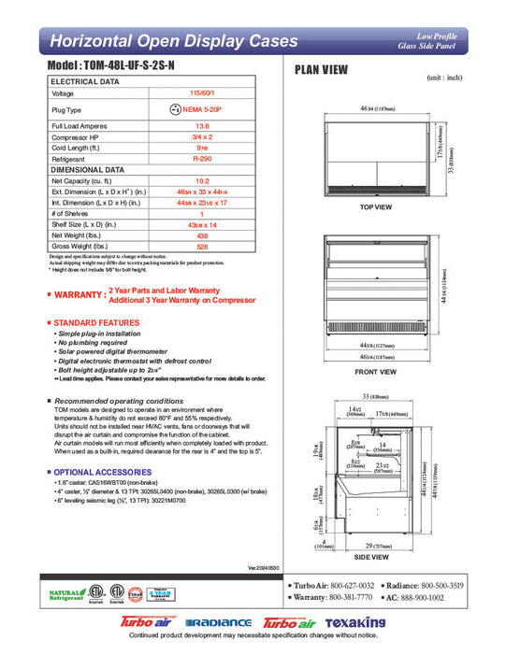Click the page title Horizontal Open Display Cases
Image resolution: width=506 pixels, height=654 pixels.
click(174, 41)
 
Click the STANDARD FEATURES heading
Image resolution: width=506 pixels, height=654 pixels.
click(98, 322)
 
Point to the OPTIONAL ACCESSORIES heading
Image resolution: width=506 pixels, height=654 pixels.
click(103, 472)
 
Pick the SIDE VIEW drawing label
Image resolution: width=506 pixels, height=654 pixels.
click(375, 558)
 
